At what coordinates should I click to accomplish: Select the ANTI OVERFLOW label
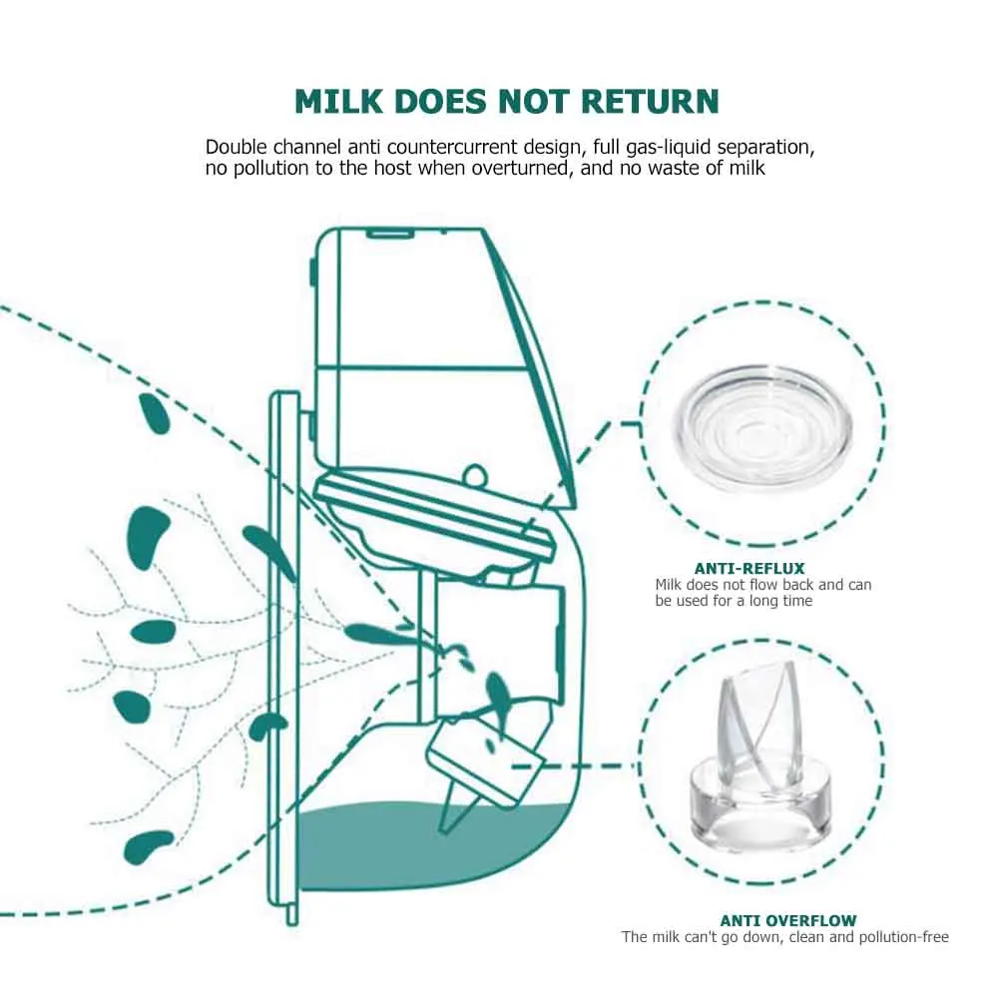click(787, 920)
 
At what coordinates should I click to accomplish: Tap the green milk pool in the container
click(429, 848)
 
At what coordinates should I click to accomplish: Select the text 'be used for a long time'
click(734, 601)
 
